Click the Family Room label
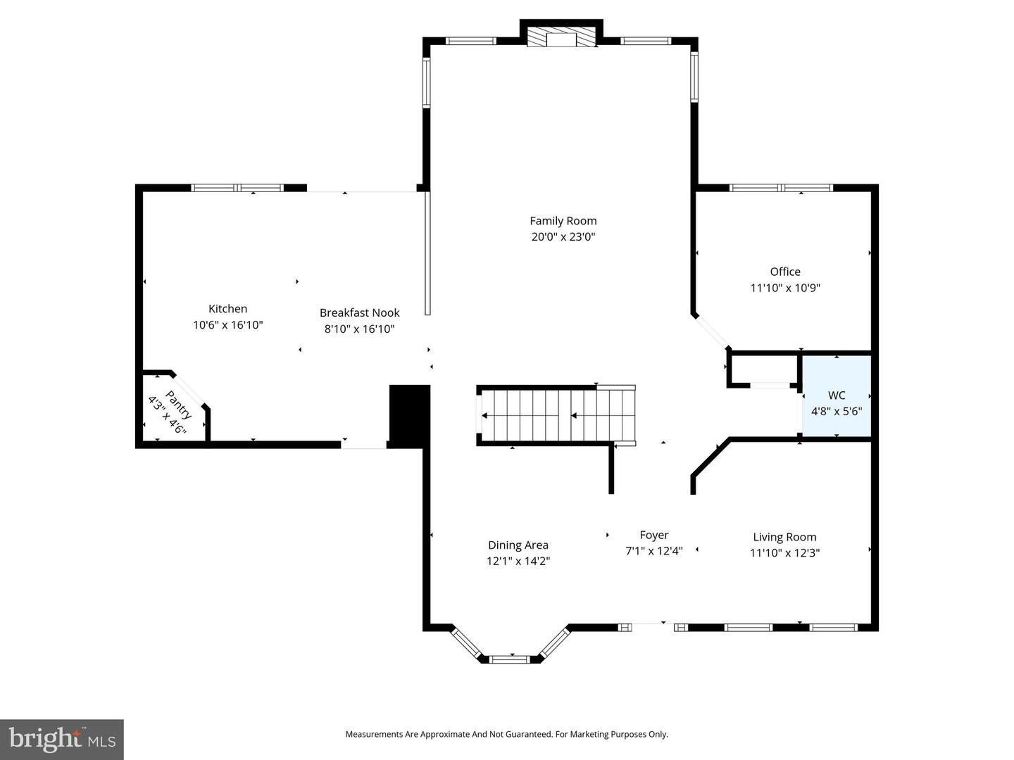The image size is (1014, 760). tap(563, 221)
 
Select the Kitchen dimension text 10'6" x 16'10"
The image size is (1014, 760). tap(227, 325)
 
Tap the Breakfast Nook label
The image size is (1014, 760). tap(359, 312)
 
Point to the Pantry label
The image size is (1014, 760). tap(178, 404)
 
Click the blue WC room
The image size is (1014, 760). tap(837, 396)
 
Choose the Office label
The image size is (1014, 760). tap(784, 272)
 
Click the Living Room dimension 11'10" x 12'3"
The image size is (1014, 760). tap(784, 553)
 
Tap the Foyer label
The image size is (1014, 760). tap(653, 535)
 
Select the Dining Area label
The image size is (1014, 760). tap(518, 545)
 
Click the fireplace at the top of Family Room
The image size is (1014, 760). tap(561, 38)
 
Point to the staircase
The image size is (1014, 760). tap(556, 415)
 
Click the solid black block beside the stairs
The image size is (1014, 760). tap(409, 415)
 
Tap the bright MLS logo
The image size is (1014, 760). tap(62, 739)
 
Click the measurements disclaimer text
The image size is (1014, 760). tap(506, 734)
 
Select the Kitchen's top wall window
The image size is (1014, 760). tap(237, 188)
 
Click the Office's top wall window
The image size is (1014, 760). tap(781, 188)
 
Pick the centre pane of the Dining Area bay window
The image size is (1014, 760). tap(509, 659)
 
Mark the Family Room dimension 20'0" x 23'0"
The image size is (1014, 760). tap(563, 237)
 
